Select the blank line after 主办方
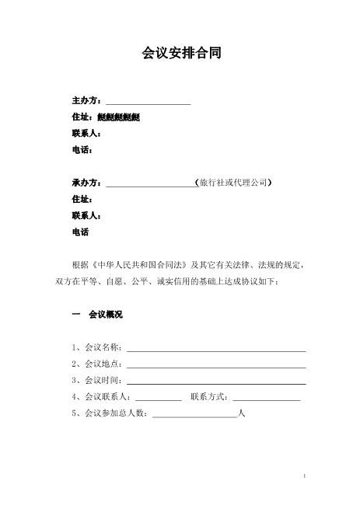[x=148, y=103]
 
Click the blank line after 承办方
[x=149, y=184]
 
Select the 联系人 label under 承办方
[x=86, y=215]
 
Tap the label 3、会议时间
[x=96, y=381]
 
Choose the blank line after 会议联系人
[x=158, y=398]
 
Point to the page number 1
[x=306, y=476]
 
